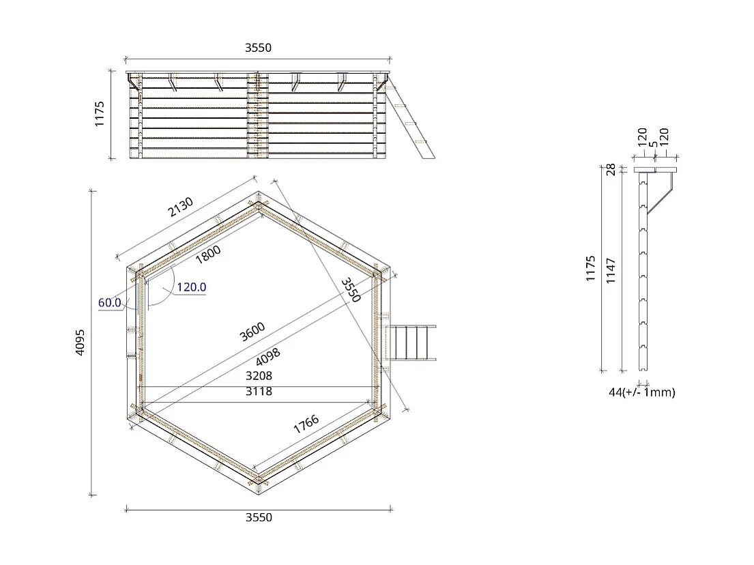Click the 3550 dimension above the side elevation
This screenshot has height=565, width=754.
pyautogui.click(x=259, y=48)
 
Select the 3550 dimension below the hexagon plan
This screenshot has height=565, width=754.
pyautogui.click(x=259, y=517)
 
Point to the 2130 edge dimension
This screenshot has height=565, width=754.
pyautogui.click(x=180, y=207)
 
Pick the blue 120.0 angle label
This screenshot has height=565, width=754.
pyautogui.click(x=191, y=287)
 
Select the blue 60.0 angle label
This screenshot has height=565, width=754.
pyautogui.click(x=109, y=302)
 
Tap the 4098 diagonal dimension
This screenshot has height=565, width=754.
pyautogui.click(x=267, y=357)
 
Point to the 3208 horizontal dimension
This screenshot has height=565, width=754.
pyautogui.click(x=259, y=376)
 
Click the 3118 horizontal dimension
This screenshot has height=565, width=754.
pyautogui.click(x=259, y=391)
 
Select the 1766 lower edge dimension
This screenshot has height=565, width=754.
pyautogui.click(x=306, y=425)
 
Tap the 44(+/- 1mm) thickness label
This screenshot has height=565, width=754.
pyautogui.click(x=641, y=392)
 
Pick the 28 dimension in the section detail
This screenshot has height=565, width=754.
pyautogui.click(x=611, y=169)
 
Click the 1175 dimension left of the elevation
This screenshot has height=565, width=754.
pyautogui.click(x=99, y=114)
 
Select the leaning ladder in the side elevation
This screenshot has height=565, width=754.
pyautogui.click(x=411, y=119)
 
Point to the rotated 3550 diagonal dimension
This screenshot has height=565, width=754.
pyautogui.click(x=351, y=289)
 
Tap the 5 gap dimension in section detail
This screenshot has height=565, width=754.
pyautogui.click(x=653, y=145)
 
